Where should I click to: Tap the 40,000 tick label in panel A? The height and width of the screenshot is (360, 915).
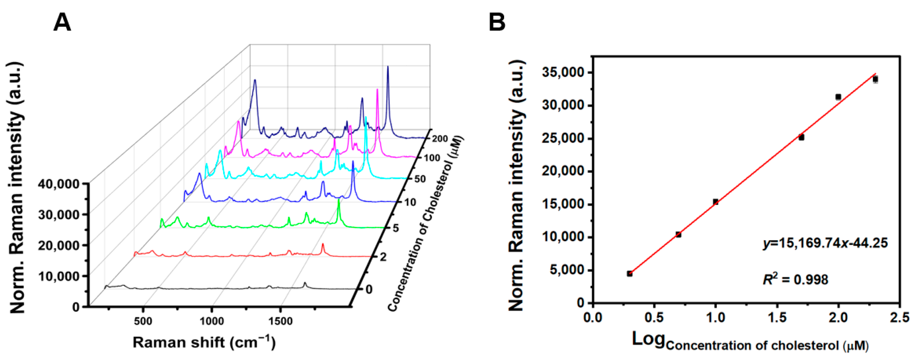(x=58, y=184)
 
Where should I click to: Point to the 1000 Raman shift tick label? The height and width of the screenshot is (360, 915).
(x=212, y=321)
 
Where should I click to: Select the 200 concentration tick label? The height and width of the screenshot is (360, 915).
(x=440, y=139)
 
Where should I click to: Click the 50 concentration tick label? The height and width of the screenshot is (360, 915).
(x=420, y=179)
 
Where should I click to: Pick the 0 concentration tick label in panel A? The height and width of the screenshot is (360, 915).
(x=369, y=289)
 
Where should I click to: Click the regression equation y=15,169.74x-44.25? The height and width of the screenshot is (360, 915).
(x=825, y=243)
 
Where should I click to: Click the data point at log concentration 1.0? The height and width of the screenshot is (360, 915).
(x=715, y=202)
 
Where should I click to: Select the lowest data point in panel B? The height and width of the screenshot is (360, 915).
(x=629, y=273)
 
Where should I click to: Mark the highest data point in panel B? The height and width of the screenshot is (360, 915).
(x=875, y=79)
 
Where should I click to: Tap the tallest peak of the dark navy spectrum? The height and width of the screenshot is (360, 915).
(x=387, y=67)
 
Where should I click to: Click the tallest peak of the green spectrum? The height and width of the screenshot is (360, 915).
(x=338, y=201)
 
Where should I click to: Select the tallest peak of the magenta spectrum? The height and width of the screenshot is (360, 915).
(x=377, y=90)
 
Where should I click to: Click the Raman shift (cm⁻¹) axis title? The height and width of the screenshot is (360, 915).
(x=204, y=343)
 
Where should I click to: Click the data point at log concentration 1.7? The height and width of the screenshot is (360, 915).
(x=801, y=137)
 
